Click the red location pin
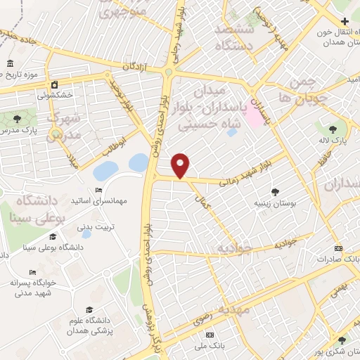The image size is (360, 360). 181,165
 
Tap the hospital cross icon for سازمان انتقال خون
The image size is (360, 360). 344,21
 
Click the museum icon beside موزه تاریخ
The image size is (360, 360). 10,64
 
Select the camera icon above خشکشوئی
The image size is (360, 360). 54,85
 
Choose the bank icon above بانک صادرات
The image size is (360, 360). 338,248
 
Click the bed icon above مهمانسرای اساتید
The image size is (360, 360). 99,191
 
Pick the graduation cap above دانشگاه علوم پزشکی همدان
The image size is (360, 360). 89,309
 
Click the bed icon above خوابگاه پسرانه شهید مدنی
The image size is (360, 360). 32,272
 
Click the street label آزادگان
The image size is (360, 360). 136,65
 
